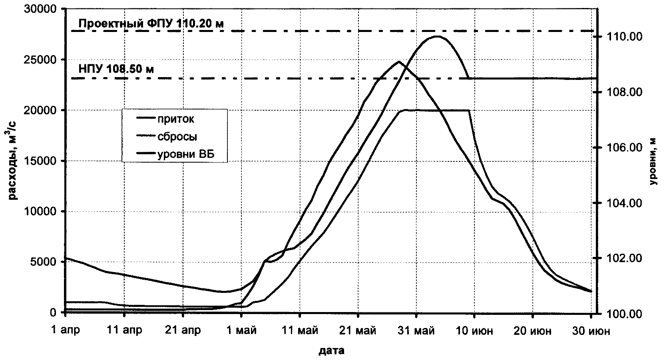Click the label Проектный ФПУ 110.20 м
pyautogui.click(x=151, y=24)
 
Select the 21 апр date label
pyautogui.click(x=183, y=332)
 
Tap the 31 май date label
pyautogui.click(x=416, y=332)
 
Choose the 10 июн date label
pyautogui.click(x=474, y=332)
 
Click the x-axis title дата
pyautogui.click(x=332, y=352)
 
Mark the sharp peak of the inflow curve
pyautogui.click(x=398, y=62)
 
